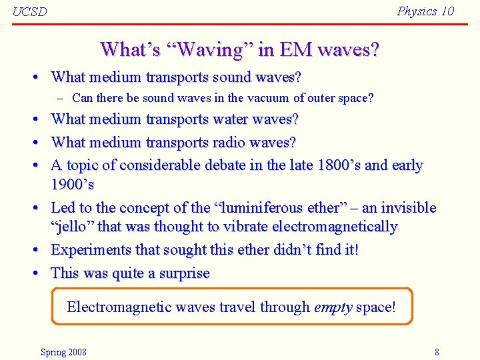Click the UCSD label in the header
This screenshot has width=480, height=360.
pos(30,12)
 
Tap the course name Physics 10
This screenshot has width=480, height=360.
pos(425,11)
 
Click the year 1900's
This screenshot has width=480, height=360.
pos(72,184)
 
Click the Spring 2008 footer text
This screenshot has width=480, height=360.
pos(63,352)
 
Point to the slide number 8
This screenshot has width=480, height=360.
pos(437,352)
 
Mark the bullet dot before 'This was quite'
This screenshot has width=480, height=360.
pos(32,273)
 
